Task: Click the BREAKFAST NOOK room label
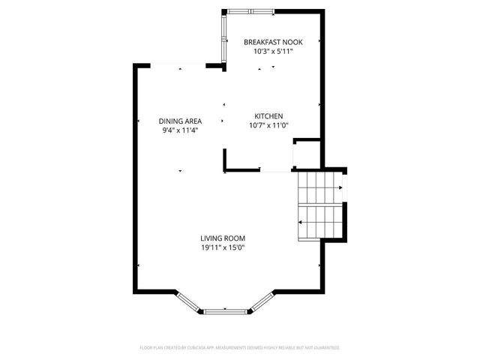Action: tap(273, 43)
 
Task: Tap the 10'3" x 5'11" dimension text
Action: tap(273, 52)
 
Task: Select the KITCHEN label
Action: tap(268, 116)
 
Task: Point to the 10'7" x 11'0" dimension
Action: tap(268, 126)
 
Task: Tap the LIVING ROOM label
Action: tap(223, 238)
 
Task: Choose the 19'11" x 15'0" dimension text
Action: tap(223, 248)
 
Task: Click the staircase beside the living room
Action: tap(320, 204)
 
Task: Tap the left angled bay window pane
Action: tap(188, 301)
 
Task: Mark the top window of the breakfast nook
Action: tap(240, 10)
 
